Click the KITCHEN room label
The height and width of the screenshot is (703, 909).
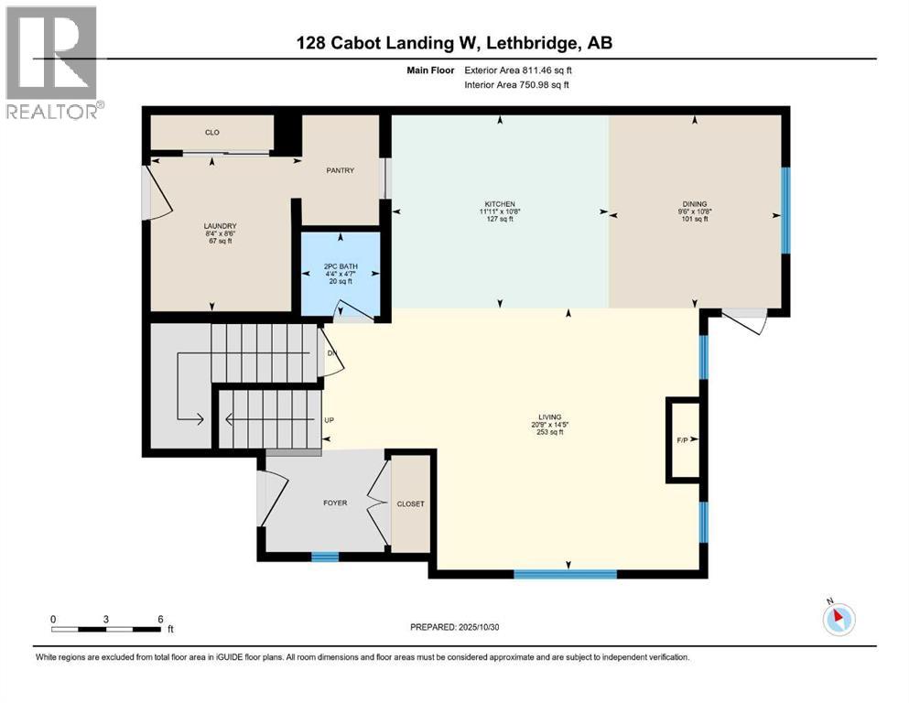coord(501,204)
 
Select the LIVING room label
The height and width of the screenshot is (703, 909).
coord(550,416)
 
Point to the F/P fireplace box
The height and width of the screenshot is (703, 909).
coord(682,440)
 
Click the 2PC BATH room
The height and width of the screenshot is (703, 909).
coord(340,273)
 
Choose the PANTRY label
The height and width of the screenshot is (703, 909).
coord(340,170)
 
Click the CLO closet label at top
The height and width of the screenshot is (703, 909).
coord(212,133)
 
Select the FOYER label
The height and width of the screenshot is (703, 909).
coord(334,503)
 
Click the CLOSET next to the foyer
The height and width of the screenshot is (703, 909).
coord(410,504)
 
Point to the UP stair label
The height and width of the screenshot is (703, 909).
coord(329,420)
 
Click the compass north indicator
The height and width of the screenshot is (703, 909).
coord(839,619)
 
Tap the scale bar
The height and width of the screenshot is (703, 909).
coord(107,629)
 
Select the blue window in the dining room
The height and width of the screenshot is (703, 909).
coord(784,209)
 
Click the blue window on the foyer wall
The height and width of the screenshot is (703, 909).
coord(325,556)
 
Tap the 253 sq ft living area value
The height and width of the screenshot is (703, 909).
coord(550,432)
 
